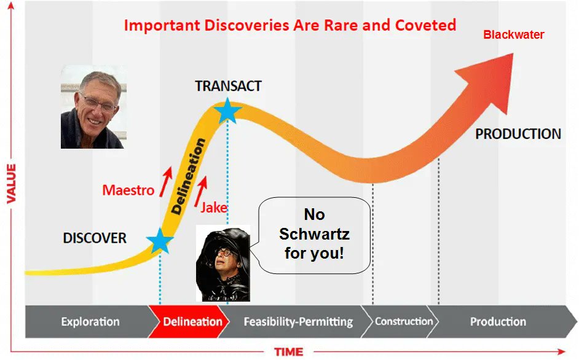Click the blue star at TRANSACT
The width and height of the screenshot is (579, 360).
pyautogui.click(x=228, y=111)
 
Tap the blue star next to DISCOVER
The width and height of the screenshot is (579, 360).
pyautogui.click(x=160, y=241)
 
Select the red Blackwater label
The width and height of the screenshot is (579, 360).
pyautogui.click(x=513, y=34)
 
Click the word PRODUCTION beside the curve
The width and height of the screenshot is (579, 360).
pyautogui.click(x=518, y=134)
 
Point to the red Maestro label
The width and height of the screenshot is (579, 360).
pyautogui.click(x=128, y=190)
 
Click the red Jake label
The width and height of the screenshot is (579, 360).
pyautogui.click(x=214, y=208)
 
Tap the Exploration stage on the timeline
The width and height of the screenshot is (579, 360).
pyautogui.click(x=90, y=321)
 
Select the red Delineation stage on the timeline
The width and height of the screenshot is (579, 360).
pyautogui.click(x=192, y=321)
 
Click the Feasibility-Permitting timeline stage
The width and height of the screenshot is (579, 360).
pyautogui.click(x=298, y=321)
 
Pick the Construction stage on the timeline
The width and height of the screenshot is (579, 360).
pyautogui.click(x=403, y=321)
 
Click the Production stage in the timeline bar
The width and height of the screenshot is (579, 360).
pyautogui.click(x=498, y=321)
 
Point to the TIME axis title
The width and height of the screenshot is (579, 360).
pyautogui.click(x=288, y=352)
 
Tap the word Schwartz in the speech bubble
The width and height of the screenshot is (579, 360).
pyautogui.click(x=314, y=234)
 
